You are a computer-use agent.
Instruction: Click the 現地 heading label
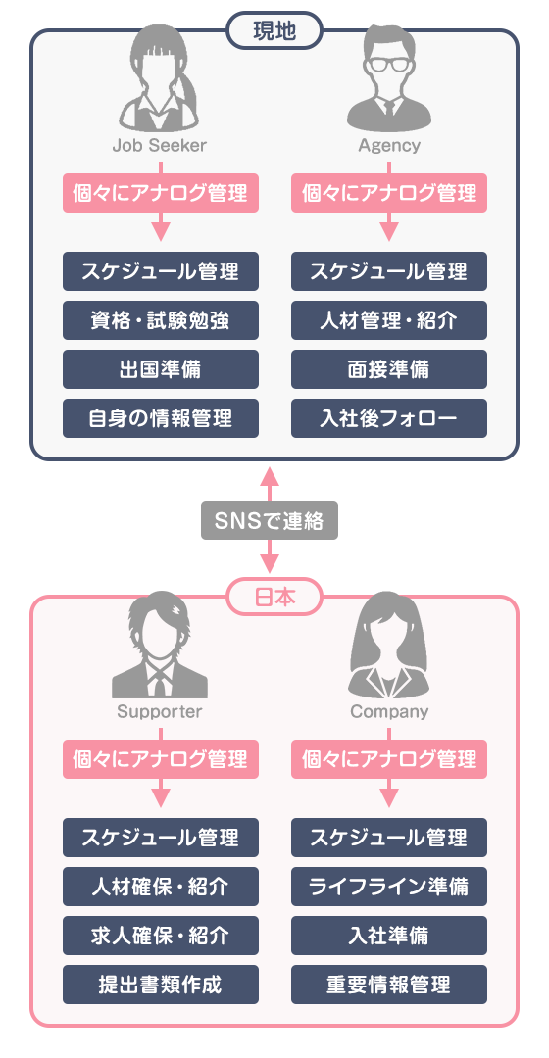pyautogui.click(x=274, y=31)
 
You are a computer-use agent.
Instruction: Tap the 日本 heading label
pyautogui.click(x=274, y=597)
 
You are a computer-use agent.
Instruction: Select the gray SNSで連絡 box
pyautogui.click(x=270, y=520)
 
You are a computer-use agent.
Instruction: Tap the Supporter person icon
pyautogui.click(x=160, y=645)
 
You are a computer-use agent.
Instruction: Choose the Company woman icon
pyautogui.click(x=388, y=645)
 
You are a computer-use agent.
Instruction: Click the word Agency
pyautogui.click(x=389, y=145)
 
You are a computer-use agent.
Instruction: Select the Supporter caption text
pyautogui.click(x=160, y=711)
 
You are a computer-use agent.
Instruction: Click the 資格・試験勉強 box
pyautogui.click(x=161, y=319)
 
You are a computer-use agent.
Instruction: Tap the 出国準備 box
pyautogui.click(x=161, y=369)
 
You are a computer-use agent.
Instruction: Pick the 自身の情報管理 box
pyautogui.click(x=161, y=418)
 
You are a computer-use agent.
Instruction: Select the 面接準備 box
pyautogui.click(x=389, y=369)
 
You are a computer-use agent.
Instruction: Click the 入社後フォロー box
pyautogui.click(x=389, y=418)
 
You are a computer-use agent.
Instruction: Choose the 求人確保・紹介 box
pyautogui.click(x=161, y=936)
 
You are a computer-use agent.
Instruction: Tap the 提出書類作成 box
pyautogui.click(x=161, y=985)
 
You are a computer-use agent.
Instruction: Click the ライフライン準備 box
pyautogui.click(x=389, y=886)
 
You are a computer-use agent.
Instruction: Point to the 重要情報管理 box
pyautogui.click(x=389, y=985)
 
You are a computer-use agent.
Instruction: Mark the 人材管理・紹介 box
pyautogui.click(x=389, y=319)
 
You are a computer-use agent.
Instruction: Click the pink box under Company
pyautogui.click(x=389, y=760)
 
